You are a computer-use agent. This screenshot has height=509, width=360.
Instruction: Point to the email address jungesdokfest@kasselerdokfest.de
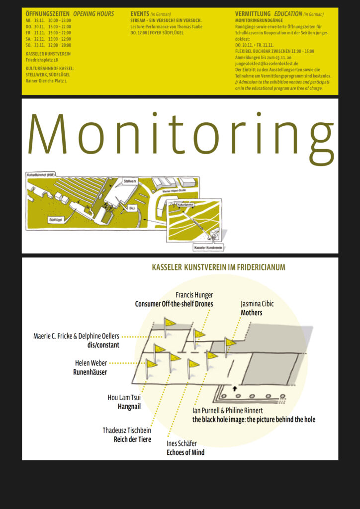point(268,64)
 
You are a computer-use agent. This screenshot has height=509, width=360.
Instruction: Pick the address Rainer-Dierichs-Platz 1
point(46,81)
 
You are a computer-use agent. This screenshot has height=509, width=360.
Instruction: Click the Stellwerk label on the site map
point(130,182)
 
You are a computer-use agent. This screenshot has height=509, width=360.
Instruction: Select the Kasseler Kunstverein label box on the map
point(208,247)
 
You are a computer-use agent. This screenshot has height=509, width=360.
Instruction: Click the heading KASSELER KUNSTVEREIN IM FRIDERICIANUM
point(218,267)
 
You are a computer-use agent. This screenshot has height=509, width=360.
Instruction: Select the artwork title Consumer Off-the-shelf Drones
point(174,304)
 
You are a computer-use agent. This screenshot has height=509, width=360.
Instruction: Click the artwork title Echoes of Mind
point(185,452)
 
